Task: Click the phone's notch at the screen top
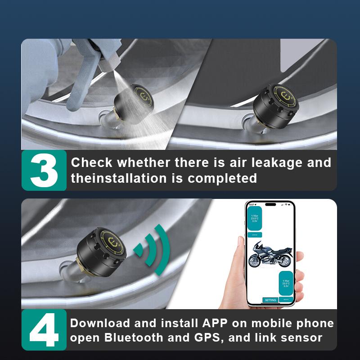pyautogui.click(x=270, y=204)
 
